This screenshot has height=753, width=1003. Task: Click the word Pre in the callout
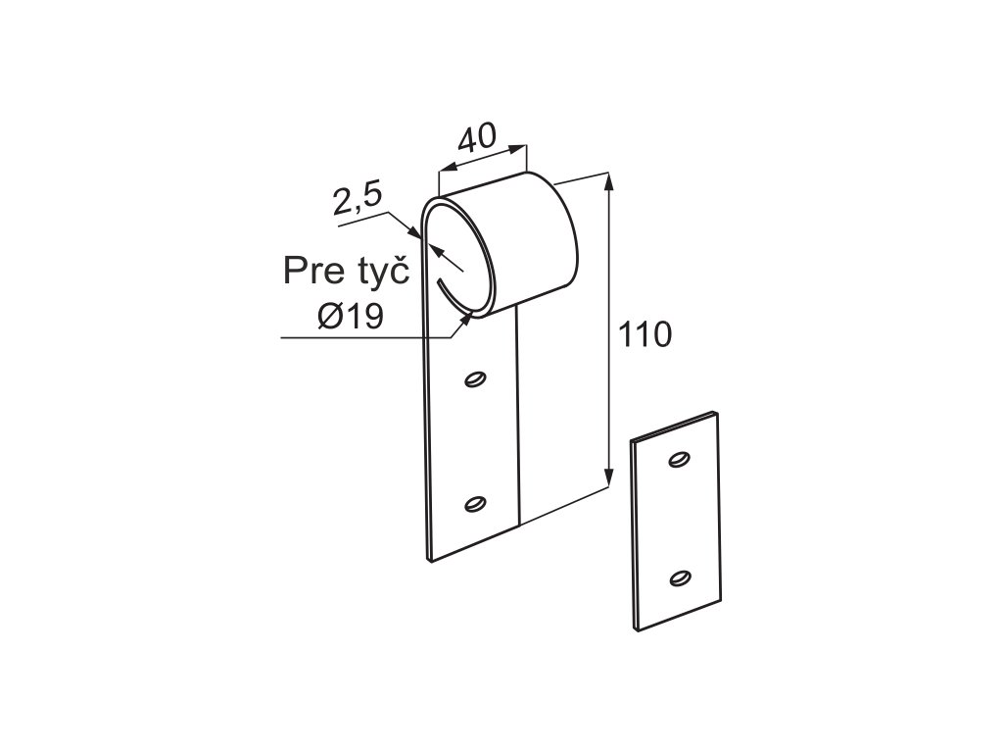pyautogui.click(x=310, y=271)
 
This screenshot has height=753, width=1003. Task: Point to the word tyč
pyautogui.click(x=377, y=271)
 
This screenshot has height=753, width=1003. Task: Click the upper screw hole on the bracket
pyautogui.click(x=476, y=379)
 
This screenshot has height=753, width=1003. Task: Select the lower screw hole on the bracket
pyautogui.click(x=476, y=504)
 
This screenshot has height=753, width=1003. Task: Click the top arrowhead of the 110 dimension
pyautogui.click(x=609, y=182)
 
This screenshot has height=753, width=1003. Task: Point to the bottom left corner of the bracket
pyautogui.click(x=429, y=559)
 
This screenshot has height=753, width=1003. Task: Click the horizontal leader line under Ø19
pyautogui.click(x=362, y=338)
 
